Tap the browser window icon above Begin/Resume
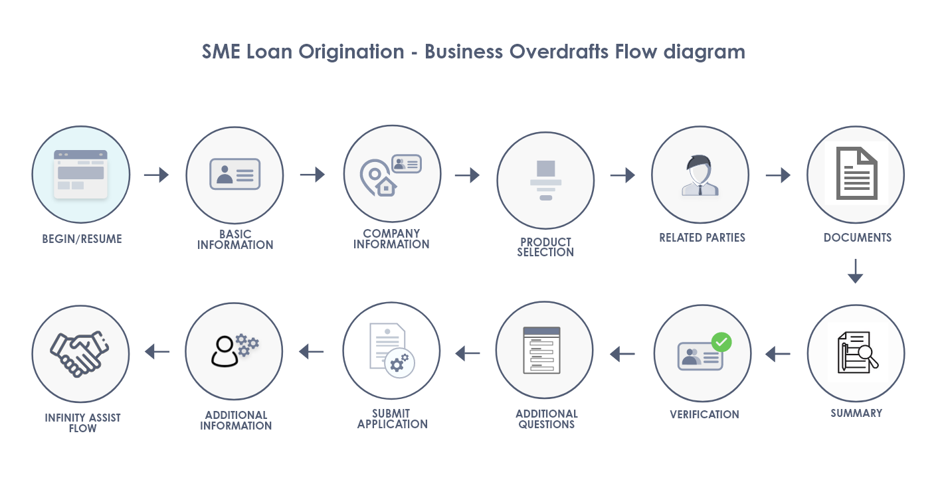point(80,175)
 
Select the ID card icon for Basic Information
point(235,174)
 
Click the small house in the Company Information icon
point(385,187)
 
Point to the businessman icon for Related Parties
point(700,175)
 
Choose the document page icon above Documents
point(856,173)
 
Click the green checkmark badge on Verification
point(721,343)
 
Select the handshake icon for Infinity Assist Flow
point(80,354)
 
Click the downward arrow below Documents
point(855,271)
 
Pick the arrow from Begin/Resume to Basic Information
point(156,175)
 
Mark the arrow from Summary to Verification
point(777,354)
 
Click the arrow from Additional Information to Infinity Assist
point(157,351)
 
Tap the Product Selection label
point(545,248)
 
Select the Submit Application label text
point(393,419)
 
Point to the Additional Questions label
point(547,419)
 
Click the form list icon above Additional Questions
point(542,351)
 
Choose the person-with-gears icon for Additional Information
point(235,351)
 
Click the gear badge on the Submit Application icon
point(399,363)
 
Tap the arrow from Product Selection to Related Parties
point(622,175)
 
